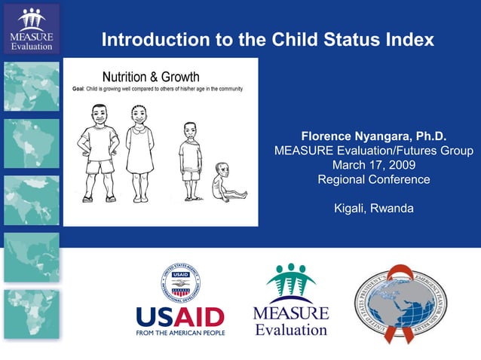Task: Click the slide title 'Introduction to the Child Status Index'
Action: pos(268,39)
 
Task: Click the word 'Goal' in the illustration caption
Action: pos(78,90)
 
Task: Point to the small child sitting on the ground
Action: pos(224,183)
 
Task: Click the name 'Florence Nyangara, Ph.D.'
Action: pos(374,136)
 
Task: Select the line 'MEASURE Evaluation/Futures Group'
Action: pos(374,151)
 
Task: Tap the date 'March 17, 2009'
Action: pos(374,165)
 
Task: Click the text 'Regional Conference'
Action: pos(374,179)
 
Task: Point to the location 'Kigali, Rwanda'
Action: pos(374,208)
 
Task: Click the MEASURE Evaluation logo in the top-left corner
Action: pos(31,29)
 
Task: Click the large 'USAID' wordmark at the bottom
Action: pos(180,316)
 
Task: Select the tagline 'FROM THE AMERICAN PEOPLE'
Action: pos(180,332)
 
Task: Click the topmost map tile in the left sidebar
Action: pos(31,85)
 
